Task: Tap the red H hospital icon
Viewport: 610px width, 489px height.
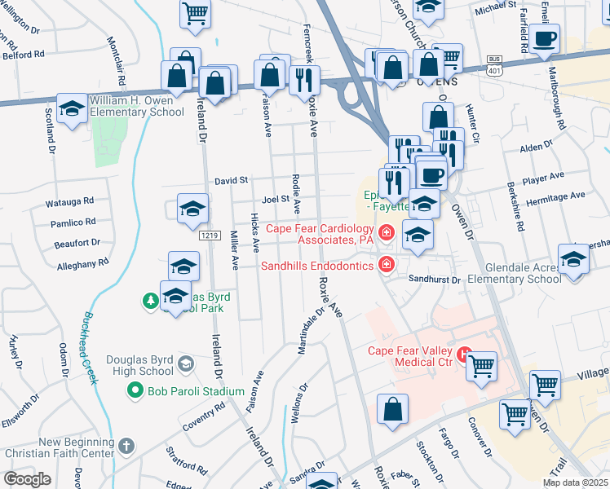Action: pos(465,354)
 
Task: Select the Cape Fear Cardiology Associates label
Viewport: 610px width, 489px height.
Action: pos(319,235)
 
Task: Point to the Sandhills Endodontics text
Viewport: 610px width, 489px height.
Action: pos(317,265)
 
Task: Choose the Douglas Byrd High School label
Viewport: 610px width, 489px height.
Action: pos(139,365)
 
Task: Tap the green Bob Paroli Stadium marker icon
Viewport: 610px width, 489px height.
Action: pos(136,391)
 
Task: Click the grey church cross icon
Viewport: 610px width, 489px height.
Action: pos(125,446)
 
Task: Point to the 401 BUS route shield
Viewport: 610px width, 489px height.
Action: pos(493,65)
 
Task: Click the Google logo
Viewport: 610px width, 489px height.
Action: pos(27,479)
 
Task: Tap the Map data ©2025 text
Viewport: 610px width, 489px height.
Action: pos(575,482)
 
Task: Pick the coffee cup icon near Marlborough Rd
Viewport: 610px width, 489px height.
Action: pos(544,38)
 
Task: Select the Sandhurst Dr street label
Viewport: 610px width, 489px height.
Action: pos(435,280)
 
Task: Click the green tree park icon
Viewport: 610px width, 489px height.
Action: pos(150,302)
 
